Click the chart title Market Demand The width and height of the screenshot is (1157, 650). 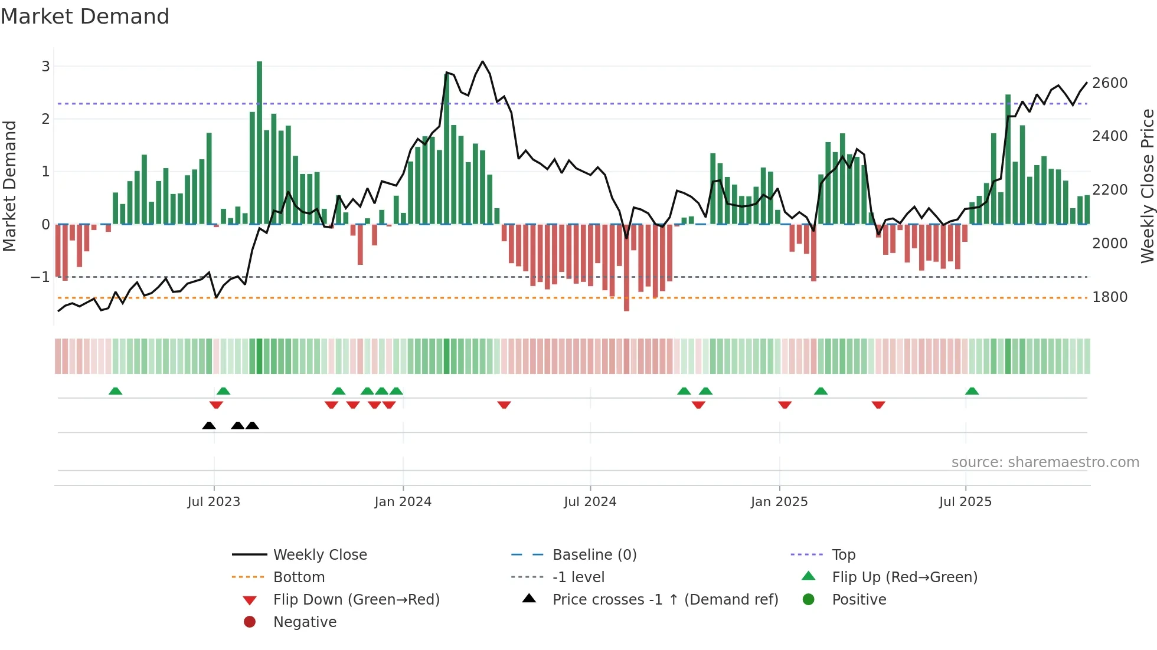pyautogui.click(x=85, y=17)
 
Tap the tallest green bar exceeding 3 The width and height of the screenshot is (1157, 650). pyautogui.click(x=259, y=142)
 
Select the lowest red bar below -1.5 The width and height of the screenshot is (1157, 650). pyautogui.click(x=626, y=268)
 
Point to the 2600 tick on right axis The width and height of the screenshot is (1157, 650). pyautogui.click(x=1110, y=83)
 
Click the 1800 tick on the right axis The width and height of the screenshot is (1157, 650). pyautogui.click(x=1110, y=297)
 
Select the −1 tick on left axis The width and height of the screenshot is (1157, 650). pyautogui.click(x=41, y=277)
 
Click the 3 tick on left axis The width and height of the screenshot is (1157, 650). pyautogui.click(x=45, y=66)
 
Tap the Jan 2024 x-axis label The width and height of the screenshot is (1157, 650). pyautogui.click(x=403, y=502)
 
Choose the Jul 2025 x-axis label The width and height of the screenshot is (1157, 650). pyautogui.click(x=965, y=502)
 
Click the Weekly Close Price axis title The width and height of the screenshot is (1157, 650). pyautogui.click(x=1147, y=186)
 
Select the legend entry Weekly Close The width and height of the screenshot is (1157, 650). pyautogui.click(x=319, y=555)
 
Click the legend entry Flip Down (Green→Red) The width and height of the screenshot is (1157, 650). pyautogui.click(x=356, y=600)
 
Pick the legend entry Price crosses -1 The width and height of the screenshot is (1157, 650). pyautogui.click(x=665, y=600)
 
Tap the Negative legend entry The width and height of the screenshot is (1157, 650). pyautogui.click(x=305, y=622)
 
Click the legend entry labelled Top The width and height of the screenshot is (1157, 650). pyautogui.click(x=843, y=555)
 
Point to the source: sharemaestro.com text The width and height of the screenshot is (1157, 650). pyautogui.click(x=1045, y=462)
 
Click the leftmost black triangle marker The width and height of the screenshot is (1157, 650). pyautogui.click(x=209, y=425)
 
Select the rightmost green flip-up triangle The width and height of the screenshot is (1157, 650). pyautogui.click(x=972, y=391)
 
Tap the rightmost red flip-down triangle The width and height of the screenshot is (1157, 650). pyautogui.click(x=878, y=405)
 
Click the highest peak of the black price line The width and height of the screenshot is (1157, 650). pyautogui.click(x=482, y=61)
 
